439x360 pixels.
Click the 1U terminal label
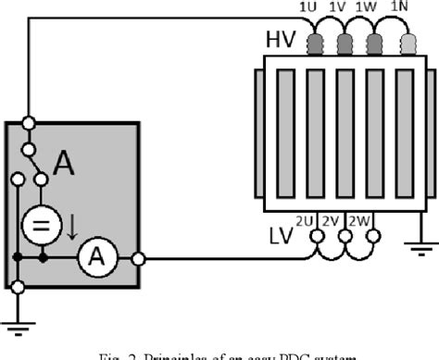307,8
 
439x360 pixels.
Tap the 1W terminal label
369,8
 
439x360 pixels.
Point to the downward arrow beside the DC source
70,225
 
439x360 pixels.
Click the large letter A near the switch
64,164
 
